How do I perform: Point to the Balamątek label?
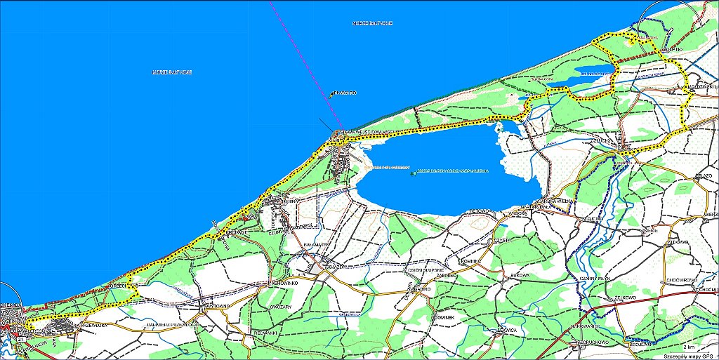pos(317,244)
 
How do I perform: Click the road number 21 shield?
pos(22,339)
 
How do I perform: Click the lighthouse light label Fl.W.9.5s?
pos(345,93)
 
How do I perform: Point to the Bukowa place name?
pos(520,276)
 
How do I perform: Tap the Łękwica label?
pos(507,329)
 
